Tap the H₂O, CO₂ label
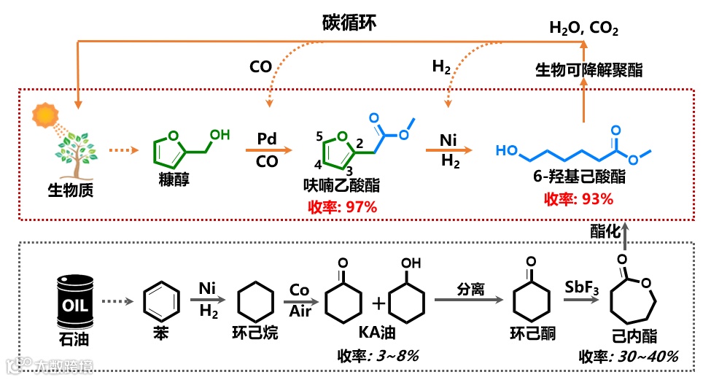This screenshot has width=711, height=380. [583, 30]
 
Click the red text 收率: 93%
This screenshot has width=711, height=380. [578, 198]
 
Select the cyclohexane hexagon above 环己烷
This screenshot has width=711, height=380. [257, 301]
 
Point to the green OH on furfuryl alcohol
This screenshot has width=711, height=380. [220, 134]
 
